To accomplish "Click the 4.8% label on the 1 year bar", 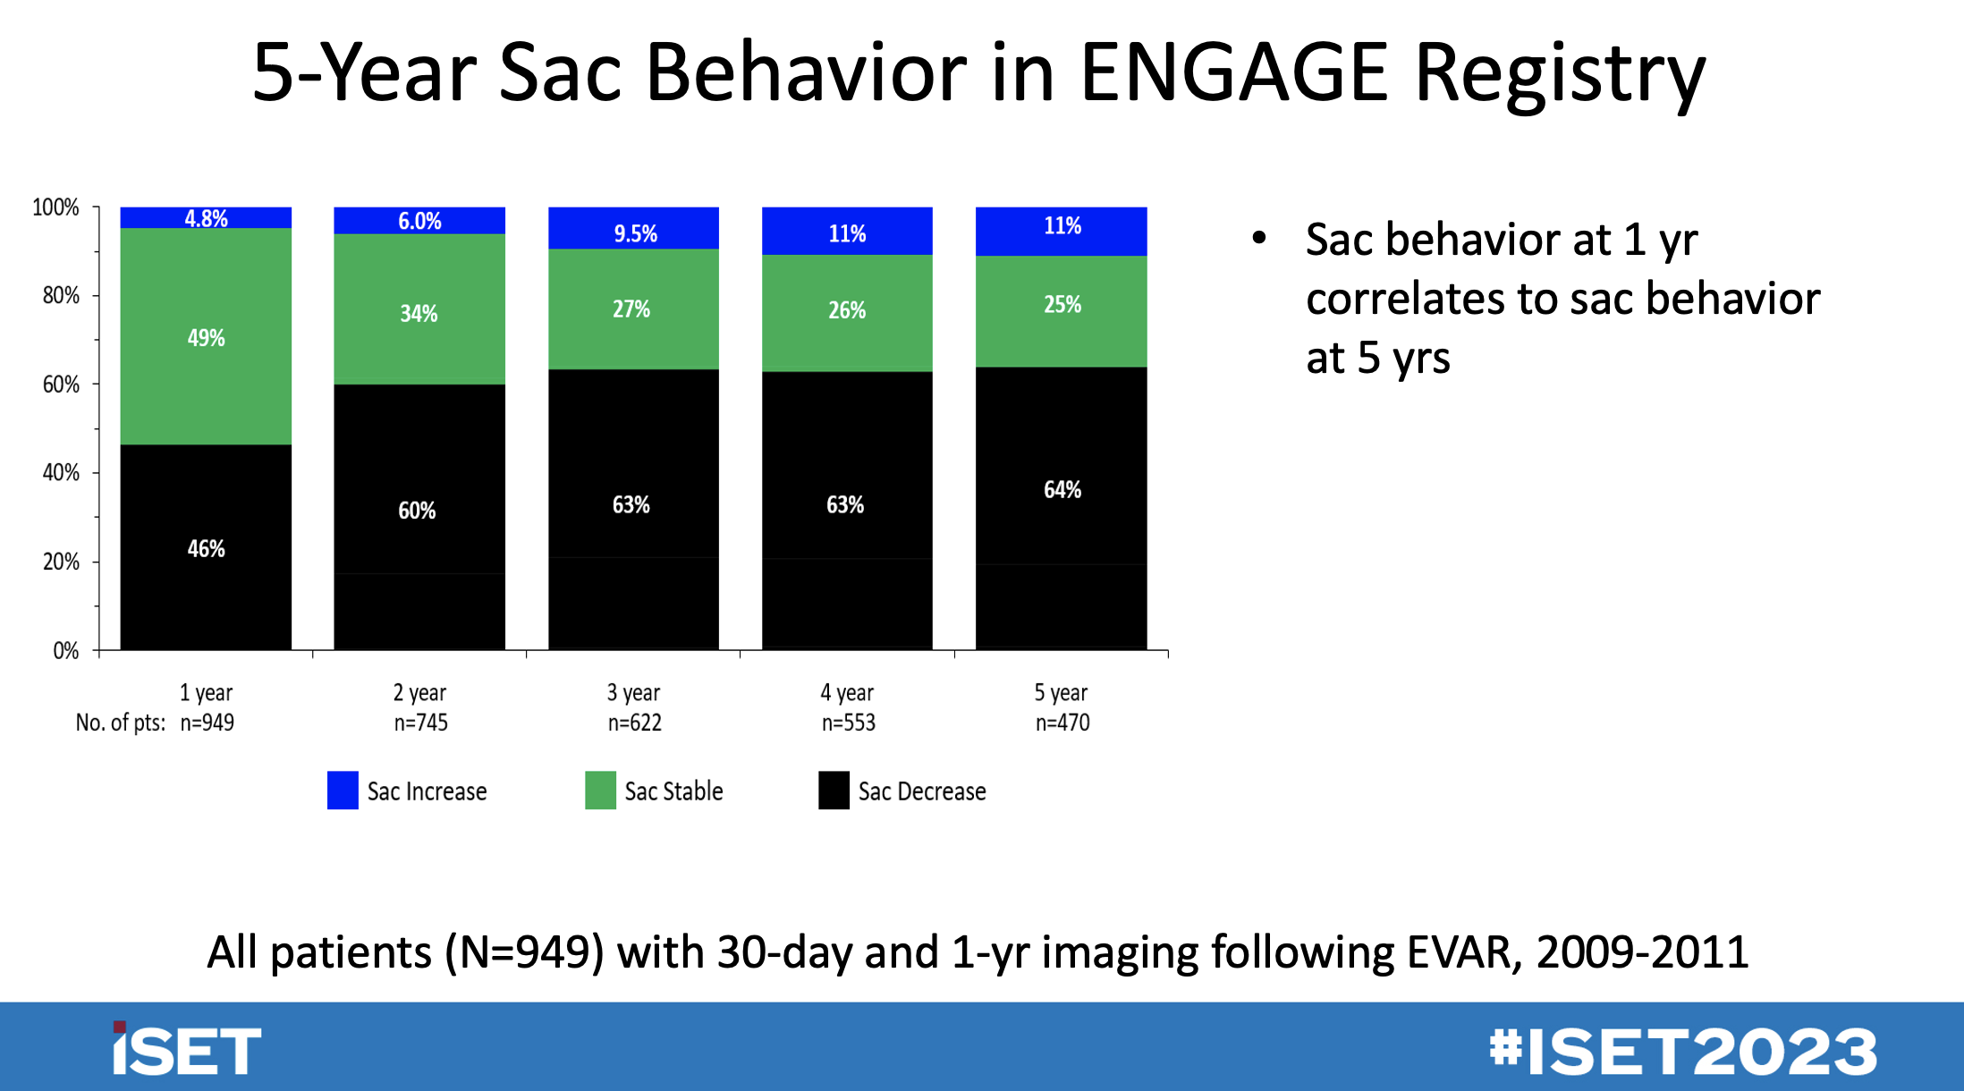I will click(206, 218).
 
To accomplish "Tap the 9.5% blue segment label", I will click(635, 233).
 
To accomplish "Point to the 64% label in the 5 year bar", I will click(1062, 489).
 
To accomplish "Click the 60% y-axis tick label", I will click(61, 385).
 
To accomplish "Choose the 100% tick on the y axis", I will click(55, 207).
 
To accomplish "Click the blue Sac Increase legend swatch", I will click(343, 791).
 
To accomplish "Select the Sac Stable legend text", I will click(673, 791).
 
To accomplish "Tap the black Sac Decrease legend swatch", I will click(834, 791).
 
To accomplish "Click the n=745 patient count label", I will click(420, 723).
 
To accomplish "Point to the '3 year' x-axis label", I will click(633, 692).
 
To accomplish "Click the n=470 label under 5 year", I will click(1062, 723).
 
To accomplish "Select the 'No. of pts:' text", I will click(121, 723).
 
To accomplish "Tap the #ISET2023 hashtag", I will click(1683, 1051).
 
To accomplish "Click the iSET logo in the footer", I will click(186, 1050).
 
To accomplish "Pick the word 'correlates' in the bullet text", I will click(1404, 299).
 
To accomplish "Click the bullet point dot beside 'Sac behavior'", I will click(1259, 238).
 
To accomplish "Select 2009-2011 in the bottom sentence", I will click(1642, 951).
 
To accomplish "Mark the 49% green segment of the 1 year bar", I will click(206, 337).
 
